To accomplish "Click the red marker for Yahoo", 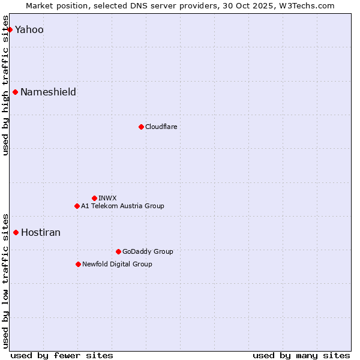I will coord(10,29).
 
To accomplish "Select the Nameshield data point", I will coord(16,92).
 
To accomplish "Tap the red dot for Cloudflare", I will coord(141,127).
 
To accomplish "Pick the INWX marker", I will coord(94,198).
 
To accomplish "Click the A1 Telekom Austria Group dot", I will coord(77,206).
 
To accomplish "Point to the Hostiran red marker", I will coord(16,232).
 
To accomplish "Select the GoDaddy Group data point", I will coord(118,251).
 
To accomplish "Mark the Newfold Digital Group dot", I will coord(78,264).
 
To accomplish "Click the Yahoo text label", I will coord(29,30).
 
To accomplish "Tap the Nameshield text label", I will coord(48,92).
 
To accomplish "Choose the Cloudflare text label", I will coord(161,127).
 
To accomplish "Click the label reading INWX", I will coord(107,199).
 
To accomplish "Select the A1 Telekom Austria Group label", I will coord(122,206).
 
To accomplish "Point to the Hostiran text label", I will coord(41,233).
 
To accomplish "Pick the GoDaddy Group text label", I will coord(148,252).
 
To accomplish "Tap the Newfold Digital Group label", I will coord(117,265).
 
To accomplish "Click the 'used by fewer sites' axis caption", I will coord(62,355).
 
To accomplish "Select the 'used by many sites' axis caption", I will coord(301,355).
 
